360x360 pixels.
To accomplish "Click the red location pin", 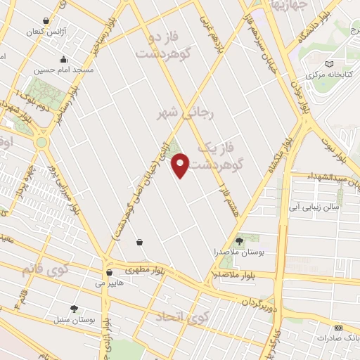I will tap(181, 165).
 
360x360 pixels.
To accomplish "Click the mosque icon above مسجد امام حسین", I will tap(63, 60).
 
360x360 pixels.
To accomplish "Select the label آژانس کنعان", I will tap(45, 32).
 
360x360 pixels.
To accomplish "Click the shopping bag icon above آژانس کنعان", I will tap(46, 21).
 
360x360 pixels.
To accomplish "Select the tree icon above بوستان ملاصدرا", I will tap(239, 241).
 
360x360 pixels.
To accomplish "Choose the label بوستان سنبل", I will tap(74, 320).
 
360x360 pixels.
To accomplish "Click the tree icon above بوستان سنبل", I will tap(74, 309).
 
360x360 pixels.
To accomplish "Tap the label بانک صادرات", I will tap(337, 338).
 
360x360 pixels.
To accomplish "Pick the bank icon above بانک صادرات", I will tap(338, 328).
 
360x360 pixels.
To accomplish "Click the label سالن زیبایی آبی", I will tap(314, 207).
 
